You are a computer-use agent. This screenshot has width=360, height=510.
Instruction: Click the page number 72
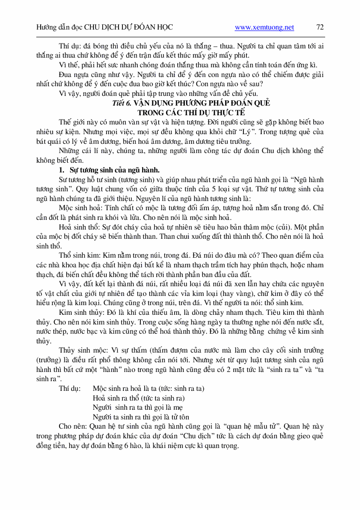click(320, 28)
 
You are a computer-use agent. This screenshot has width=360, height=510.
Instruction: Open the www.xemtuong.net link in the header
click(264, 28)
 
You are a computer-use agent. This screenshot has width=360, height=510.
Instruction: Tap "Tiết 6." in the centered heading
click(121, 104)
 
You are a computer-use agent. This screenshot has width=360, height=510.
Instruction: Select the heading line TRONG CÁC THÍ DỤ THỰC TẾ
click(180, 112)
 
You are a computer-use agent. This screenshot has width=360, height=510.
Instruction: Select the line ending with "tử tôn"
click(140, 416)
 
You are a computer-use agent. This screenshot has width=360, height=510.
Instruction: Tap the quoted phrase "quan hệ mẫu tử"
click(251, 427)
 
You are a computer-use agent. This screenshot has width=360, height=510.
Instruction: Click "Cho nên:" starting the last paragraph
click(73, 427)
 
